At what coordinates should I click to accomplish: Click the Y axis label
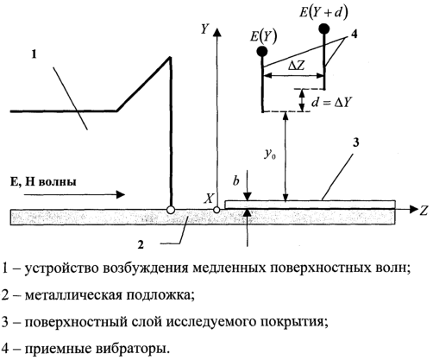204,29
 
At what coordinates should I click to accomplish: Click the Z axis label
424,211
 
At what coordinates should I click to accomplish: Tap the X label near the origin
209,199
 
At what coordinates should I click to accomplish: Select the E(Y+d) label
323,13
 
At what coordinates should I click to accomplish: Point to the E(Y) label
263,36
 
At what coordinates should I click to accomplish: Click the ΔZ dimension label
296,66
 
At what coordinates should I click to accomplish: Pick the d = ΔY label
331,103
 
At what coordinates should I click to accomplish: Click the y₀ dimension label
268,155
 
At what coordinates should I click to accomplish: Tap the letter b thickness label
236,180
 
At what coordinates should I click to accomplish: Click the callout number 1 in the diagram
34,54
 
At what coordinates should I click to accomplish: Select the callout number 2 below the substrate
141,244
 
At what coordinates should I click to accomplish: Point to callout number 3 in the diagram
356,142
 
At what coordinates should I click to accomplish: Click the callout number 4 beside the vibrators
354,34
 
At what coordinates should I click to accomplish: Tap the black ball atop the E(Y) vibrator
262,52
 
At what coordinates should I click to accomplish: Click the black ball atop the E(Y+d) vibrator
324,28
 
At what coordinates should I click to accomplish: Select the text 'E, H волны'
43,182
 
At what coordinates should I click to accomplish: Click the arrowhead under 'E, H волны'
121,194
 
